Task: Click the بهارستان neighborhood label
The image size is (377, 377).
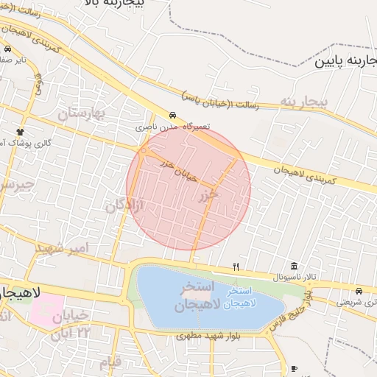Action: tap(82, 113)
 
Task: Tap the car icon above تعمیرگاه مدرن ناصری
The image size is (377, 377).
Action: tap(172, 116)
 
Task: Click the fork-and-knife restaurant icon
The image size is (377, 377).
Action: tap(236, 267)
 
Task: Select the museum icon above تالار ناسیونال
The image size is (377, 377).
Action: tap(295, 266)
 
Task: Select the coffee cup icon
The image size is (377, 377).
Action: tap(295, 367)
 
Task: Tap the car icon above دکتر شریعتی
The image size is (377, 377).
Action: tap(359, 290)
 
